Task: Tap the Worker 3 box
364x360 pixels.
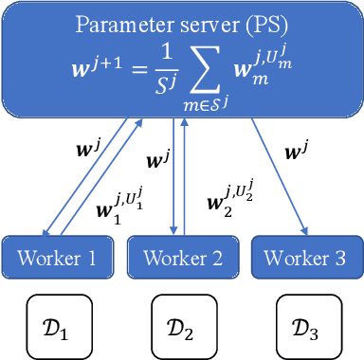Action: click(302, 258)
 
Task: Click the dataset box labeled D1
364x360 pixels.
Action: click(56, 327)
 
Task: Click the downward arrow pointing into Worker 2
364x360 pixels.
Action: click(174, 180)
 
